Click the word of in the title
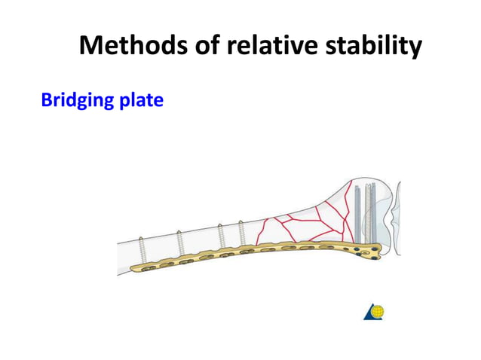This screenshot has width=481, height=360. tap(198, 47)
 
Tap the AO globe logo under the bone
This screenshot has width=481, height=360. tap(374, 312)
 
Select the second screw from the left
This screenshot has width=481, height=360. tap(180, 243)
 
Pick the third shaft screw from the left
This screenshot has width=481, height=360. tap(222, 236)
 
